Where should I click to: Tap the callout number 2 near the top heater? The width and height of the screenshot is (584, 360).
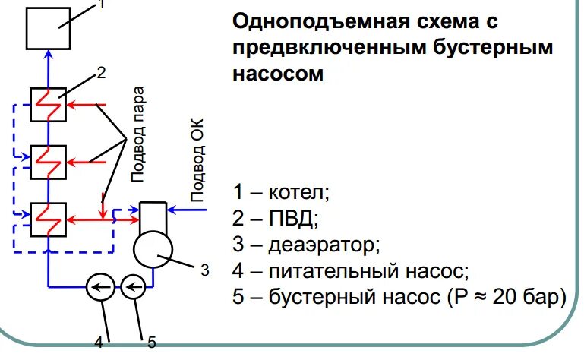(x=101, y=74)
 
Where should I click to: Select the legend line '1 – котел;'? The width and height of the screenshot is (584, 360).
(x=281, y=192)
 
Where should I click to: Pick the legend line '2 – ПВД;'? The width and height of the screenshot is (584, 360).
(x=275, y=219)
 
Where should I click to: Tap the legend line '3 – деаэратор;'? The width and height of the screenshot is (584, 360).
(x=305, y=245)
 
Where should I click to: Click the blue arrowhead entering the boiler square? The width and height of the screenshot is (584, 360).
(x=49, y=54)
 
